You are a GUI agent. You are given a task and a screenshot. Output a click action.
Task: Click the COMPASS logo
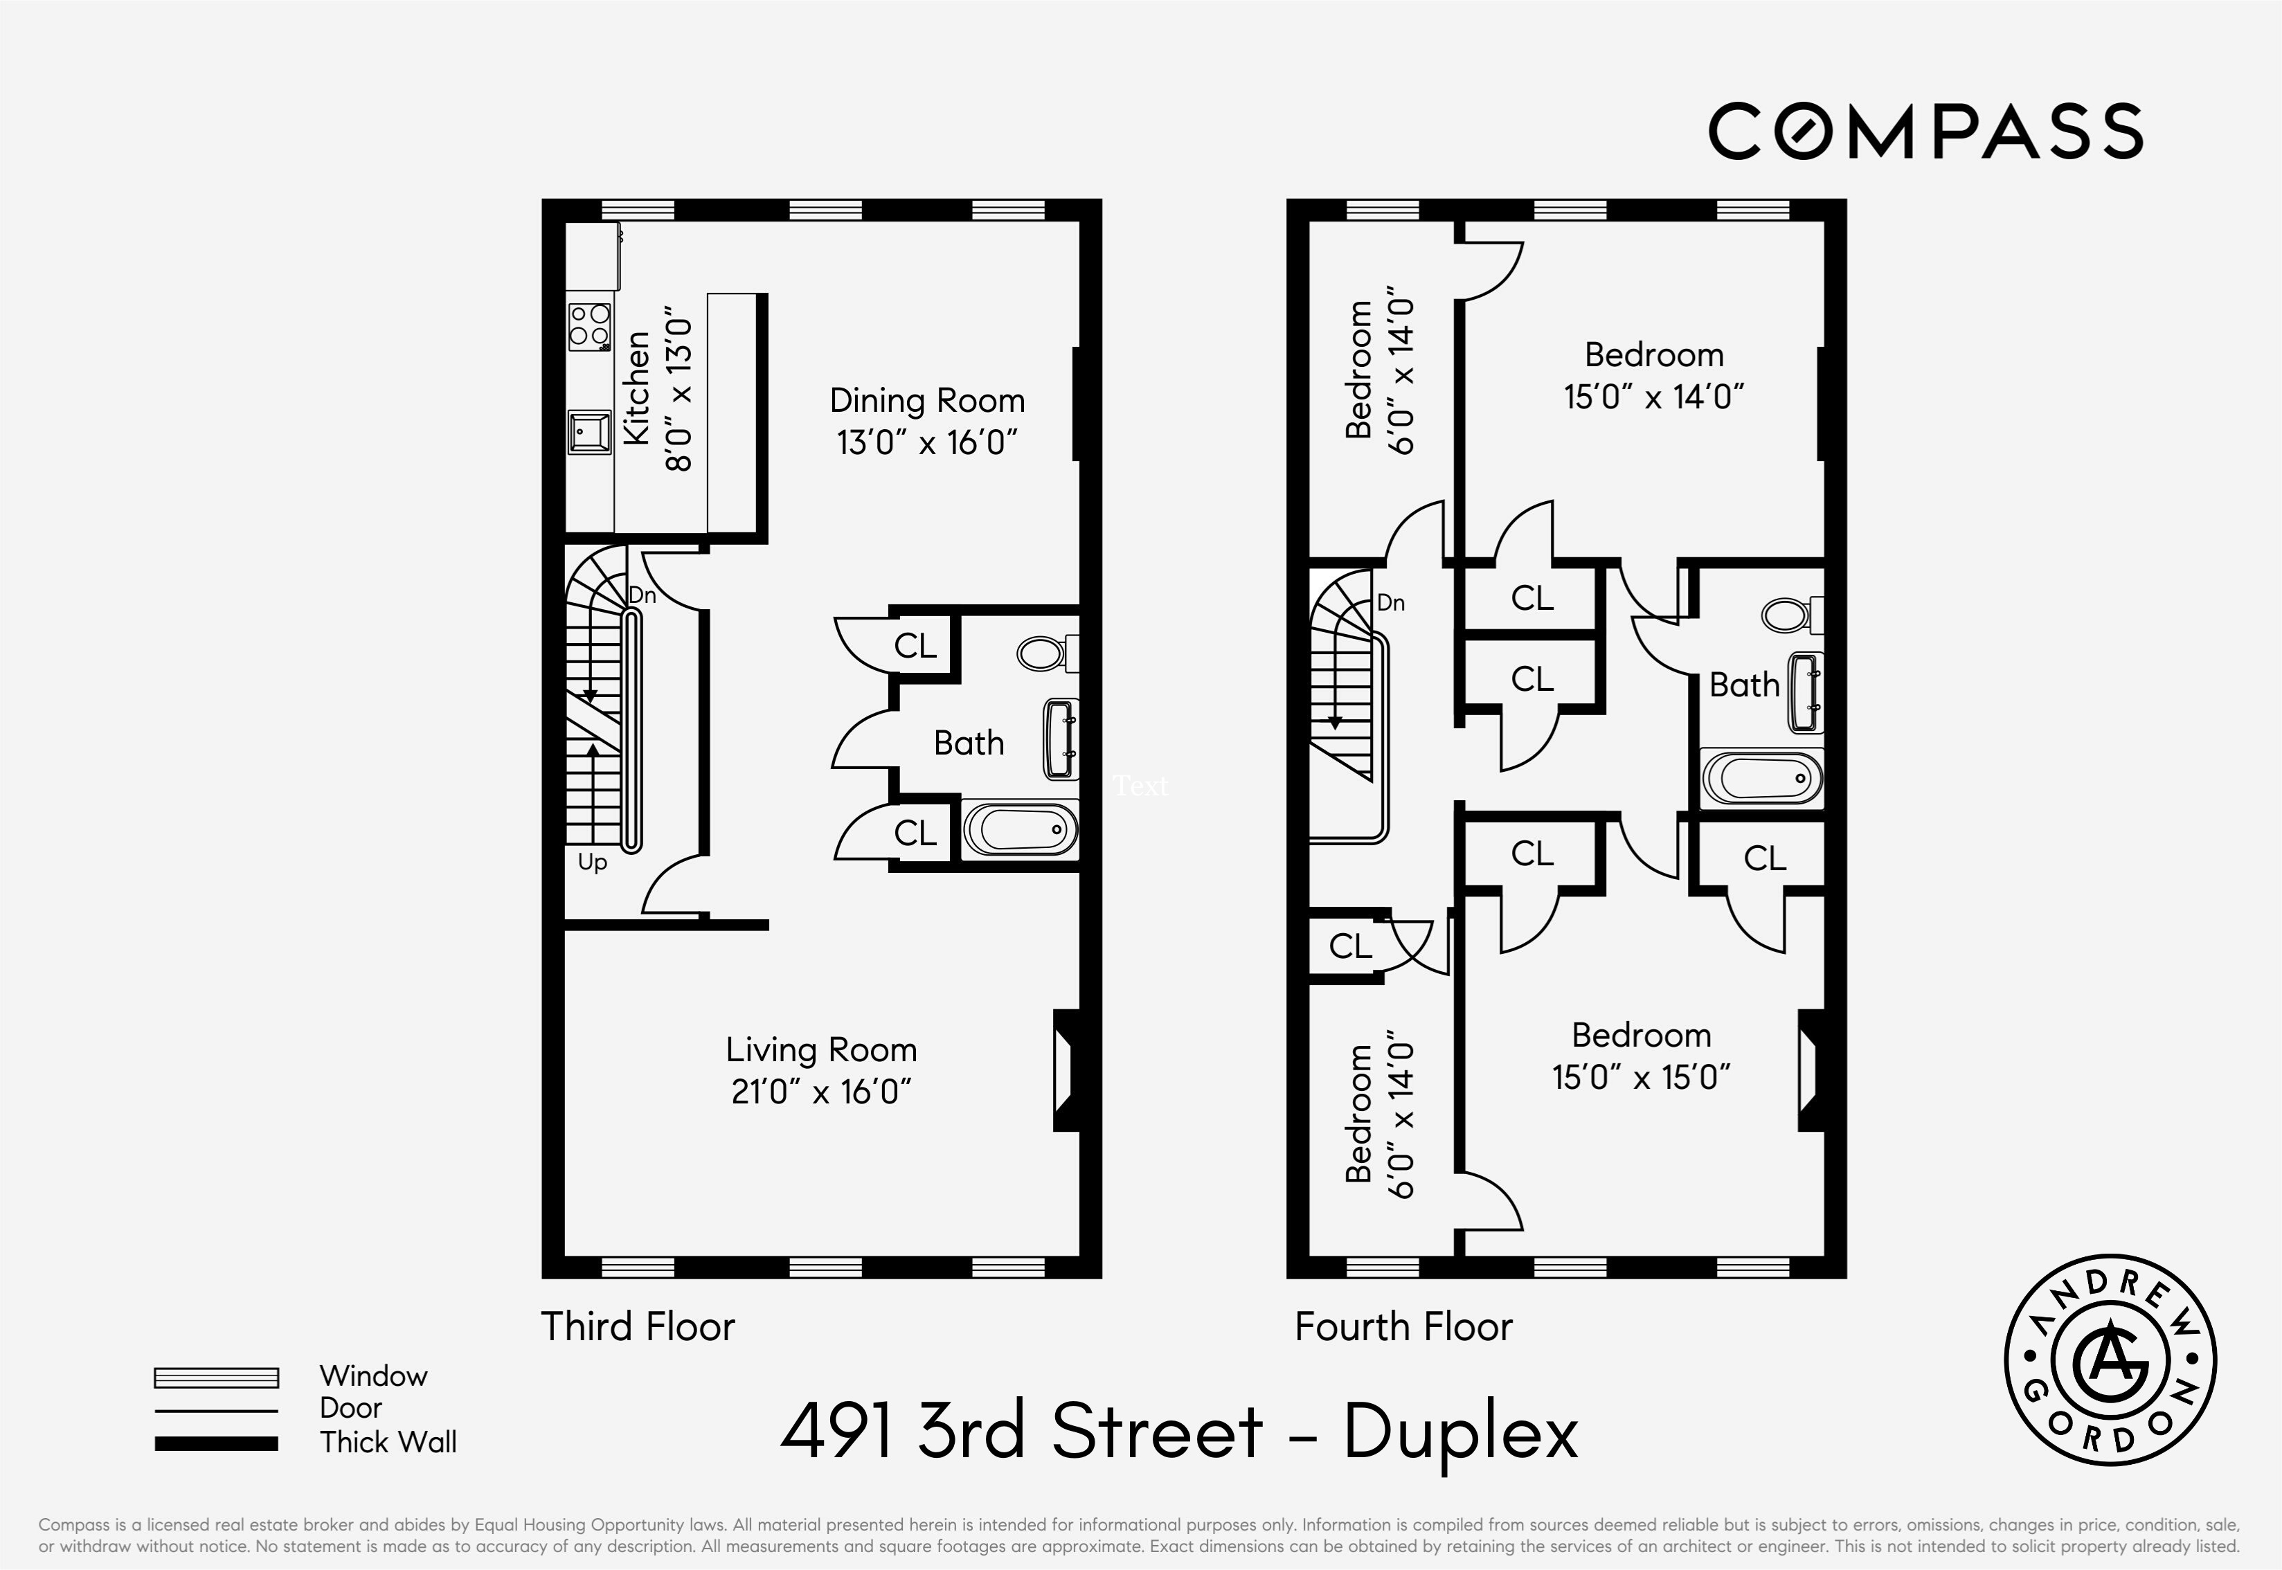tap(1925, 131)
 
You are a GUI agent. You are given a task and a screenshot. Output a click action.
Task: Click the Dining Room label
tap(926, 400)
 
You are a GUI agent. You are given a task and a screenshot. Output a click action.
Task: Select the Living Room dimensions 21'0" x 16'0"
tap(821, 1092)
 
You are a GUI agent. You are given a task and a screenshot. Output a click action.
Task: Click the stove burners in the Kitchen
tap(589, 325)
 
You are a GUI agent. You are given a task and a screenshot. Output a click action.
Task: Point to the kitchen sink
tap(589, 432)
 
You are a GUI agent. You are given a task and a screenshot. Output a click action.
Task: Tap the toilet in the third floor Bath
tap(1047, 652)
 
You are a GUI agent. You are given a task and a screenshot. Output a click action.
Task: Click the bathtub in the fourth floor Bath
tap(1761, 779)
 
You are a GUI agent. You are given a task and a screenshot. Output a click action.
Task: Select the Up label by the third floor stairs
tap(592, 862)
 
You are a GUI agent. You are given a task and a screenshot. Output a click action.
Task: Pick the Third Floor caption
tap(638, 1326)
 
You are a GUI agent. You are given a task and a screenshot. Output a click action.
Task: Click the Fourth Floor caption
tap(1403, 1326)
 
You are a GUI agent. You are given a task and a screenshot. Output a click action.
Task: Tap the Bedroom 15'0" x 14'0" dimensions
tap(1653, 397)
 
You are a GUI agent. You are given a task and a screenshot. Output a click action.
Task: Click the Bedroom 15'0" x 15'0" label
tap(1641, 1035)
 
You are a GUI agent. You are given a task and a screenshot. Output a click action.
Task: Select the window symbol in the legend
tap(217, 1377)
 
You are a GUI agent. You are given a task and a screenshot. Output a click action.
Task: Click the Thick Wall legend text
tap(388, 1442)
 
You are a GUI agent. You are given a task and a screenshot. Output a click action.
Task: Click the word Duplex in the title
tap(1461, 1432)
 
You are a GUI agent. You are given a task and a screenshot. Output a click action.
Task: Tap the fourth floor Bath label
tap(1744, 685)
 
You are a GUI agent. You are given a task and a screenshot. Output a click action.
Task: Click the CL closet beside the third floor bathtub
tap(915, 833)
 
